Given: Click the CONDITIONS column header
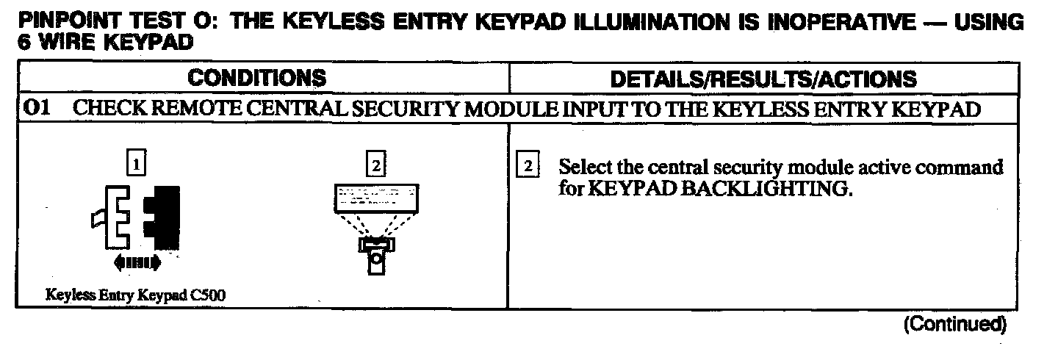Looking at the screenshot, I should click(x=256, y=78).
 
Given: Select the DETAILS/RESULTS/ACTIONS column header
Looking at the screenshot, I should click(x=763, y=79).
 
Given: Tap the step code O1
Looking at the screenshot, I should click(x=36, y=109).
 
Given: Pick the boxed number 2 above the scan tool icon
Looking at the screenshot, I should click(x=375, y=166).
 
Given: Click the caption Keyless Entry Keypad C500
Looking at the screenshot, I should click(x=135, y=295).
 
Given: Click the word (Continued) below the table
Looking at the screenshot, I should click(x=953, y=324).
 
